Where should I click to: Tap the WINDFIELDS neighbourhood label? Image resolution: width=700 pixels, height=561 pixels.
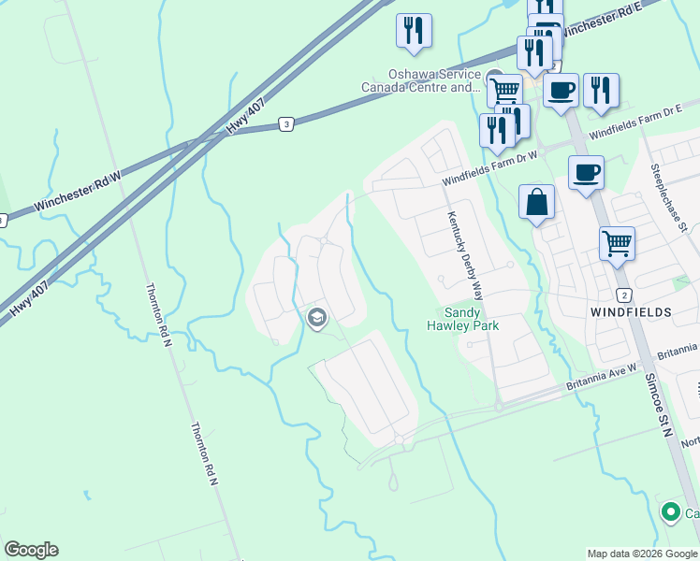[x=630, y=309]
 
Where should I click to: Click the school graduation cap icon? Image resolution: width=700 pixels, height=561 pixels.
[x=316, y=319]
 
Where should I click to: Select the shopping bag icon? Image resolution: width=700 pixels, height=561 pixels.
[x=536, y=202]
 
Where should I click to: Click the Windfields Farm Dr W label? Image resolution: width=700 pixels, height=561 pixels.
[x=489, y=167]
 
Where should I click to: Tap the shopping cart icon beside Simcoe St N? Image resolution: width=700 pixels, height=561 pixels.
[x=617, y=244]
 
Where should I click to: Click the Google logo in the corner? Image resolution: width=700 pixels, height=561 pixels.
[x=31, y=550]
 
